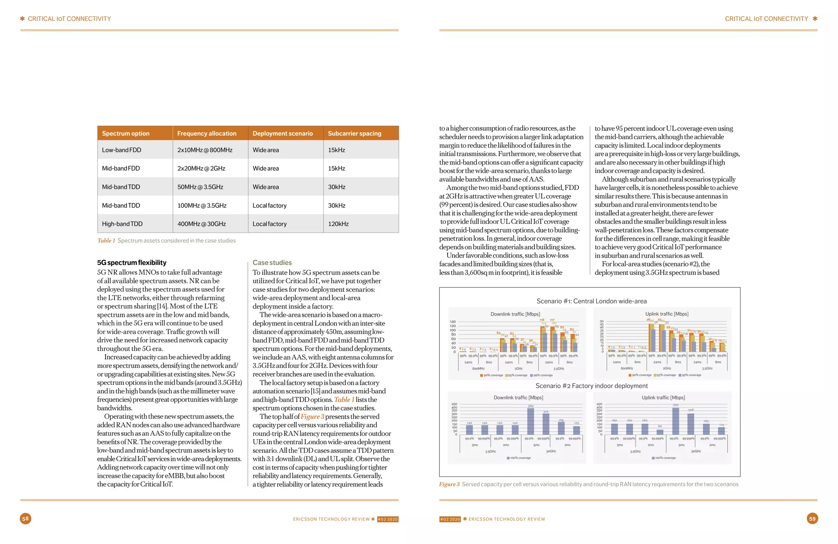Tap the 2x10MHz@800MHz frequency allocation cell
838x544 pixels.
205,150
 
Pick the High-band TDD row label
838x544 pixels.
122,224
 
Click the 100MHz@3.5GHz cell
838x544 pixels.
202,205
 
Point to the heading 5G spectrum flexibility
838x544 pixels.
132,263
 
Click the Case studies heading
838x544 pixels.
272,263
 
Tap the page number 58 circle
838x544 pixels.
25,519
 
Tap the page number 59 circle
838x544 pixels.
812,519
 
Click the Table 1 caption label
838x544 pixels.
106,241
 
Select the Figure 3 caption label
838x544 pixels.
449,484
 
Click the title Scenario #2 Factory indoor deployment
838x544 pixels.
591,386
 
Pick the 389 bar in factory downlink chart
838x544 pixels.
530,422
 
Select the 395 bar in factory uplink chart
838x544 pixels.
676,421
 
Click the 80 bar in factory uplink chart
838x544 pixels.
660,432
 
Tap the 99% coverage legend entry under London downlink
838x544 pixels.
541,375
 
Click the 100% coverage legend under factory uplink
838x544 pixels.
664,458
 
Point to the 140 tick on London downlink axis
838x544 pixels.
453,322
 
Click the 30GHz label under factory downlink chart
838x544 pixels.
551,451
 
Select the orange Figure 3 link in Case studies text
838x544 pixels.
312,417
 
